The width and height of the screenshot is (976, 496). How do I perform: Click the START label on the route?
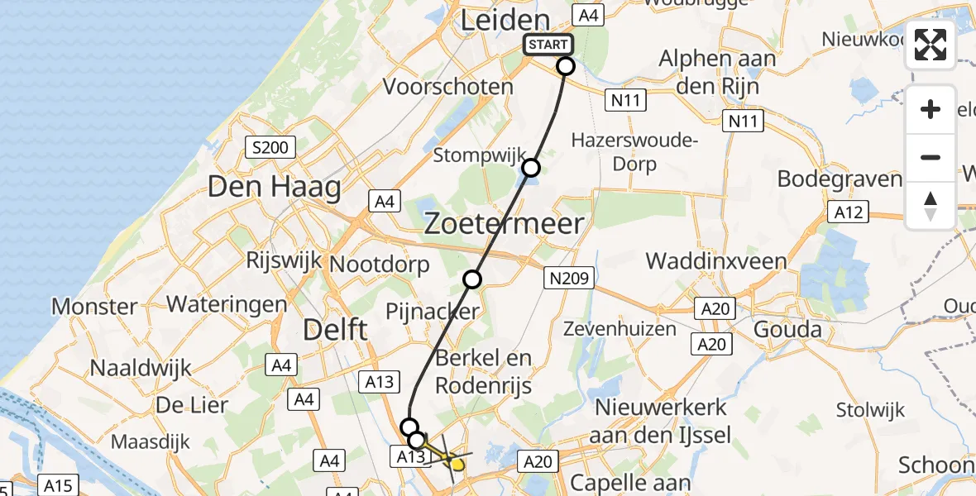click(x=548, y=45)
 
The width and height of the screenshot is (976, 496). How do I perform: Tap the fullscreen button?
click(x=931, y=45)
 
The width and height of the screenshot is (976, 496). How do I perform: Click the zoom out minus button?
click(x=931, y=157)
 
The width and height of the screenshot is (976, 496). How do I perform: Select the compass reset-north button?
click(x=931, y=206)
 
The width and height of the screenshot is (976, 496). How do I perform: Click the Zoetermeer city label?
click(x=505, y=223)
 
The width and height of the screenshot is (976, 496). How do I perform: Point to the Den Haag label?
click(x=274, y=187)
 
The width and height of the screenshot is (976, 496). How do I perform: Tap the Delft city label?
click(x=335, y=330)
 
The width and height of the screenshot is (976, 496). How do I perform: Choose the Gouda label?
click(x=788, y=330)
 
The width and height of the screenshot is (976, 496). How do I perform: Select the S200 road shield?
click(x=270, y=148)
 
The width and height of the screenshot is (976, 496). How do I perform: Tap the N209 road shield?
click(x=568, y=278)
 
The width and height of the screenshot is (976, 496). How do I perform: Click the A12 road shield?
click(x=849, y=212)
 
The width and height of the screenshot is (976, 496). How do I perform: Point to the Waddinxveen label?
click(x=716, y=261)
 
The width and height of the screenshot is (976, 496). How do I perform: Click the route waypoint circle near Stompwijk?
click(x=531, y=169)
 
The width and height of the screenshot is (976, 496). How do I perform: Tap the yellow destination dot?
click(x=457, y=465)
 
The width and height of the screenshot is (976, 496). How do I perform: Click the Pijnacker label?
click(x=433, y=312)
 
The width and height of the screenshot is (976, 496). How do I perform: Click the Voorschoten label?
click(x=447, y=86)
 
